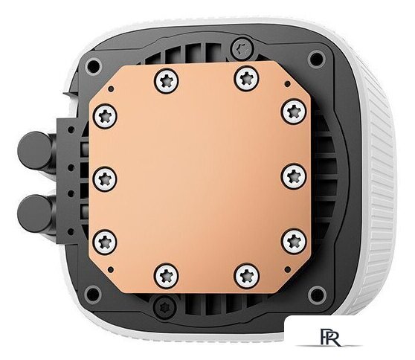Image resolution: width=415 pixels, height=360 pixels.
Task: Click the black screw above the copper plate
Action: pyautogui.click(x=242, y=48)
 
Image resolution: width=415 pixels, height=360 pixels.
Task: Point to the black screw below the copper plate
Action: pyautogui.click(x=165, y=307)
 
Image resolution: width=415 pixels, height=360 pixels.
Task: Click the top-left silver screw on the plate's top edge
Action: pyautogui.click(x=166, y=81)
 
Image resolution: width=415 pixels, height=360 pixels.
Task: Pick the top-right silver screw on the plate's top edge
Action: pyautogui.click(x=247, y=79)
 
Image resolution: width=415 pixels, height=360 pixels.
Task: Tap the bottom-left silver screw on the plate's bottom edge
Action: pyautogui.click(x=166, y=276)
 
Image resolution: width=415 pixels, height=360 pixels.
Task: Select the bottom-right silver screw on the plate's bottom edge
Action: pyautogui.click(x=247, y=276)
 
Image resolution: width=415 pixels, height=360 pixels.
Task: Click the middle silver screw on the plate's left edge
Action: pyautogui.click(x=105, y=179)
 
